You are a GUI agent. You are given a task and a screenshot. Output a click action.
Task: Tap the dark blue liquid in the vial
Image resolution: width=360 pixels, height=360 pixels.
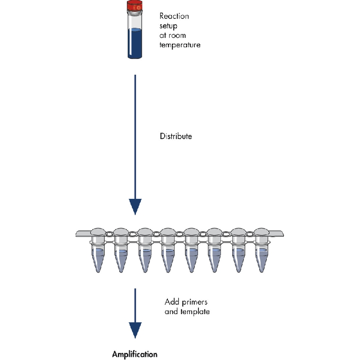(x=135, y=43)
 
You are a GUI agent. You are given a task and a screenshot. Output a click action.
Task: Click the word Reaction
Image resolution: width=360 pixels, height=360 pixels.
(x=174, y=16)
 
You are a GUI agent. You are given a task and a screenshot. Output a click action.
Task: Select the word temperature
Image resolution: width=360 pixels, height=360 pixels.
(x=180, y=45)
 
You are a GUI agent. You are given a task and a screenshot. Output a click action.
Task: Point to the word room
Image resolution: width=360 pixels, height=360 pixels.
(x=177, y=36)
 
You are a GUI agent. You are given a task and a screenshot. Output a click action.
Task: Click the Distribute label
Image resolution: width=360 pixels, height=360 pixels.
(x=176, y=136)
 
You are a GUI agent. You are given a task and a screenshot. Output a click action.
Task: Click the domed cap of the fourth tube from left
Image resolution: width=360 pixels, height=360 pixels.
(x=168, y=232)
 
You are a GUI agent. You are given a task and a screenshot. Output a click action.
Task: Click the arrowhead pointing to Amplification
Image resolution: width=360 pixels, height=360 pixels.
(x=135, y=330)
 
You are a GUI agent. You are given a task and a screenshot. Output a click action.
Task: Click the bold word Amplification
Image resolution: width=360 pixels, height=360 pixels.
(x=135, y=354)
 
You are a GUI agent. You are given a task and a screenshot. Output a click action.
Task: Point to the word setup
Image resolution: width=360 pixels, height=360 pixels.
(x=168, y=26)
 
